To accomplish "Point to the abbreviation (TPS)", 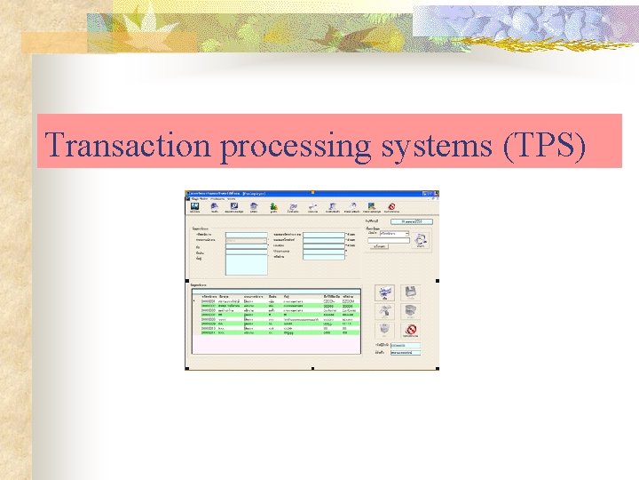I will coord(544,144).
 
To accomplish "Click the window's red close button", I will coord(435,192).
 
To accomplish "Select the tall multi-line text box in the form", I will coord(246,263).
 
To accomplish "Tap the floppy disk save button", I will coord(410,292).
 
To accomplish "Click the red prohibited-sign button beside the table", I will coord(410,330).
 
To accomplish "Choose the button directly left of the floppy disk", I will coord(384,292).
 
